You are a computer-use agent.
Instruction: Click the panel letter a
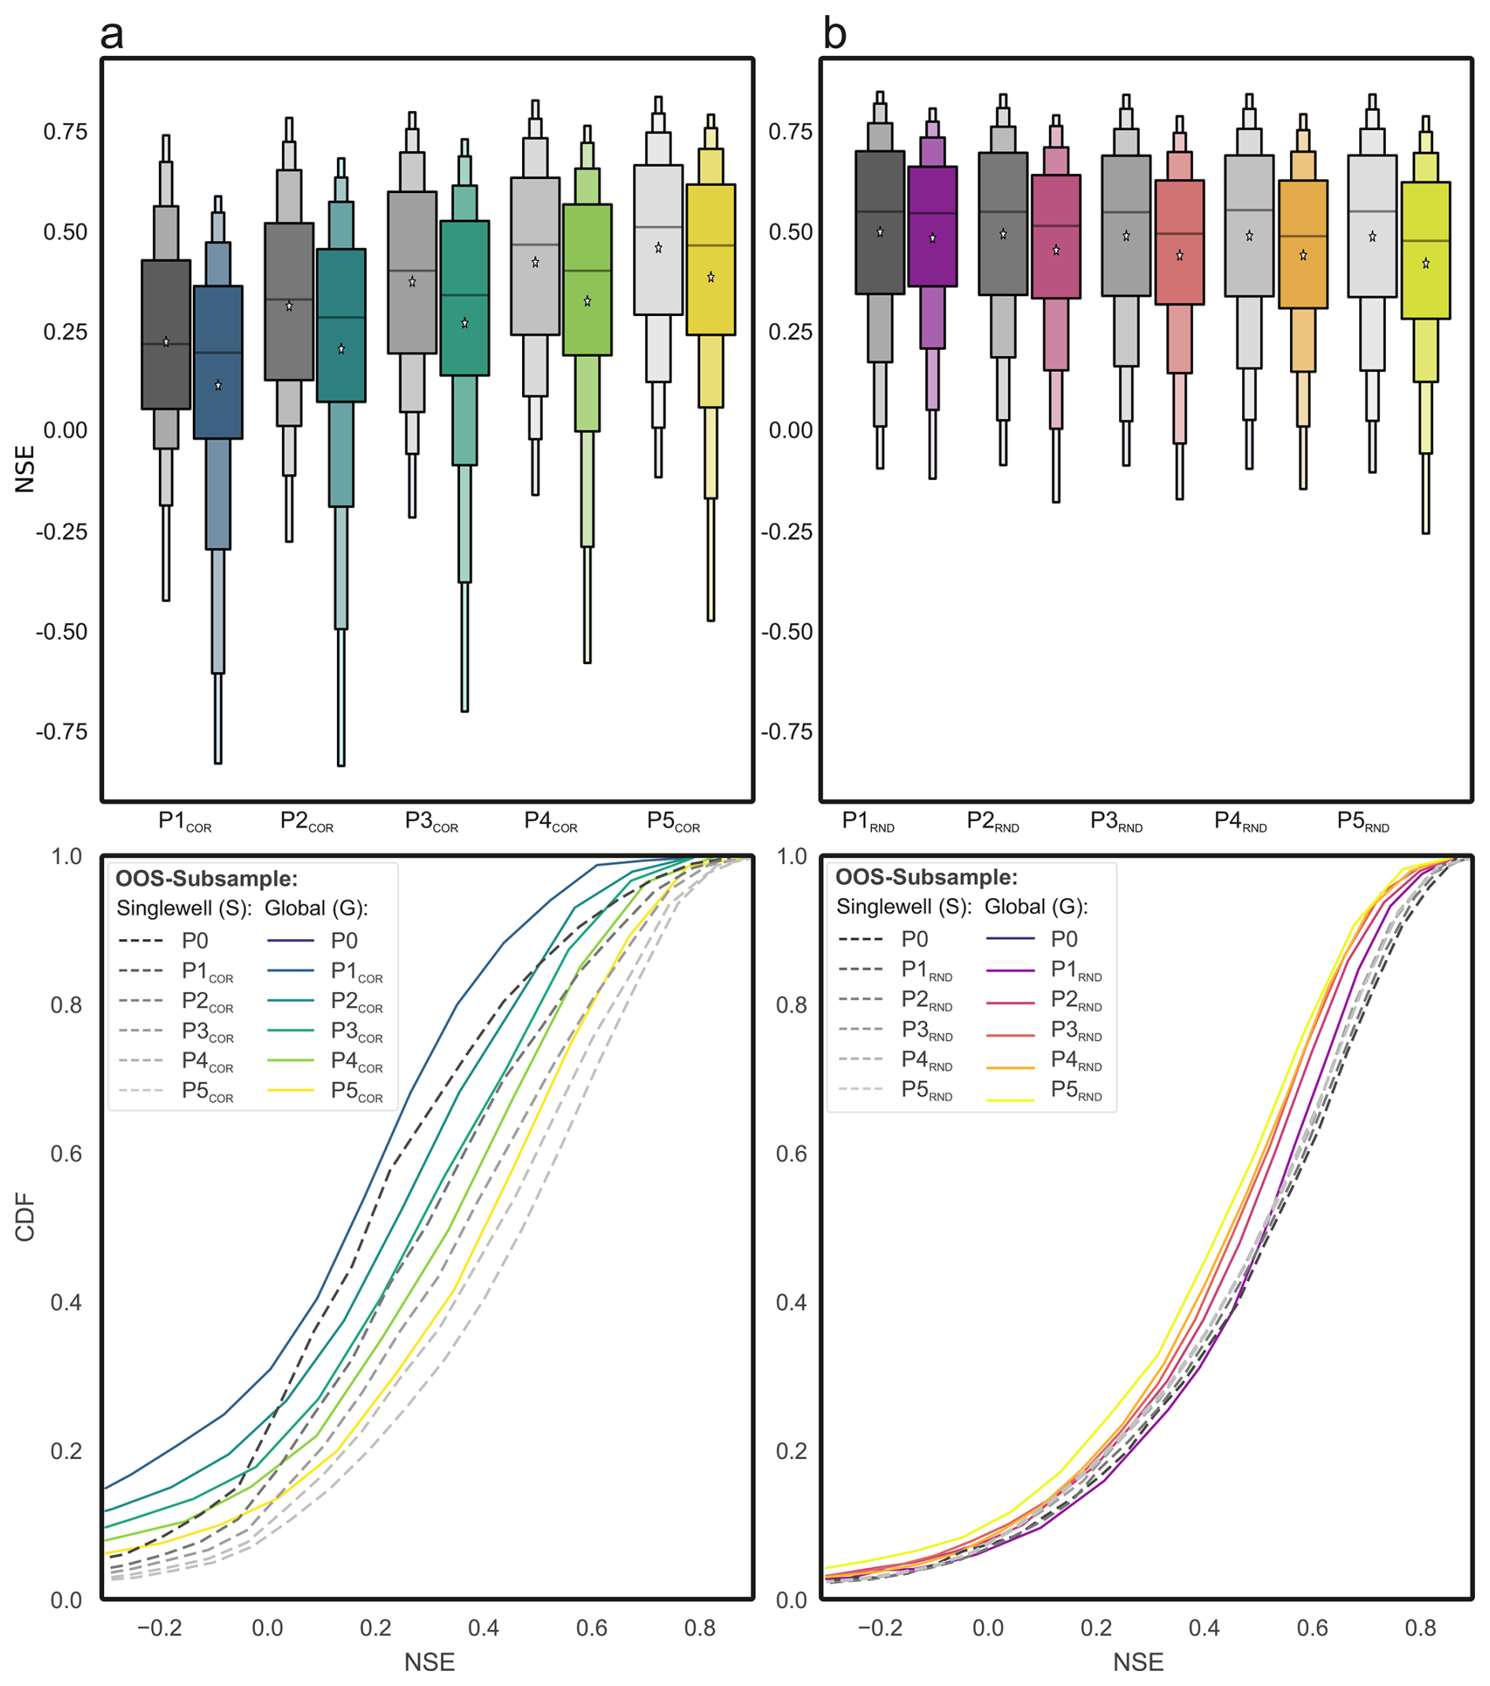(x=111, y=35)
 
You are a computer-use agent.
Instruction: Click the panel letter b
(x=835, y=35)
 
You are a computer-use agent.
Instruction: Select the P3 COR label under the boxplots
(x=432, y=822)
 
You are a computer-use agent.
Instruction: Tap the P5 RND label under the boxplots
(x=1363, y=822)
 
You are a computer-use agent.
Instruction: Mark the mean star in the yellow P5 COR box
(x=711, y=277)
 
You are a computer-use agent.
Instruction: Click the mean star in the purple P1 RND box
(x=932, y=239)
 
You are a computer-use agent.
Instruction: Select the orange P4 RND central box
(x=1303, y=244)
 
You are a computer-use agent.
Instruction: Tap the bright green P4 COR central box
(x=587, y=280)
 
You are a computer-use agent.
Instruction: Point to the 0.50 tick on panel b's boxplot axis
(x=790, y=232)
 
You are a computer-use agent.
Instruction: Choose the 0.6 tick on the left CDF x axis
(x=591, y=1628)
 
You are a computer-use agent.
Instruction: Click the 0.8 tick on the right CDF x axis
(x=1421, y=1628)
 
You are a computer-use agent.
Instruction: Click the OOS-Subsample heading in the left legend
(x=206, y=878)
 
